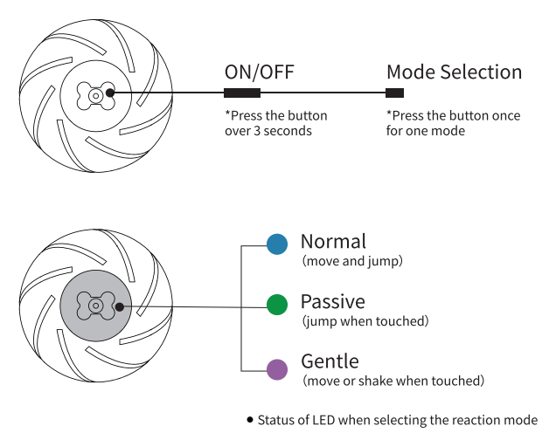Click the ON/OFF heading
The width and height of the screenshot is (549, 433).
click(259, 72)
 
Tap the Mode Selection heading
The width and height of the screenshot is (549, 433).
click(454, 72)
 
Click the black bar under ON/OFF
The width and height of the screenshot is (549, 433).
click(242, 93)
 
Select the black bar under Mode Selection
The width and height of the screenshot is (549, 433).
click(395, 93)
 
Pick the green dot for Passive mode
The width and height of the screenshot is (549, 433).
click(277, 305)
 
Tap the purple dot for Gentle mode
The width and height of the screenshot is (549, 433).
click(277, 368)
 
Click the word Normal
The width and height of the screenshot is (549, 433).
click(333, 241)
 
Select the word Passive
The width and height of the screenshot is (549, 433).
click(332, 302)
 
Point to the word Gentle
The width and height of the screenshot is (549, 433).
click(330, 361)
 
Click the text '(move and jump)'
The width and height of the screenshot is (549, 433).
click(352, 261)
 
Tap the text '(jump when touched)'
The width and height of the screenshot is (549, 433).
click(365, 321)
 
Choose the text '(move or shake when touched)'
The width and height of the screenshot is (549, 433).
click(393, 381)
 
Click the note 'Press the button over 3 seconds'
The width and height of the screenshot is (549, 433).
click(276, 123)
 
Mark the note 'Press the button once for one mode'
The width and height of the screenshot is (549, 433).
click(453, 123)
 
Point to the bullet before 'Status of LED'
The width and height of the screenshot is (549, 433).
click(250, 419)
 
